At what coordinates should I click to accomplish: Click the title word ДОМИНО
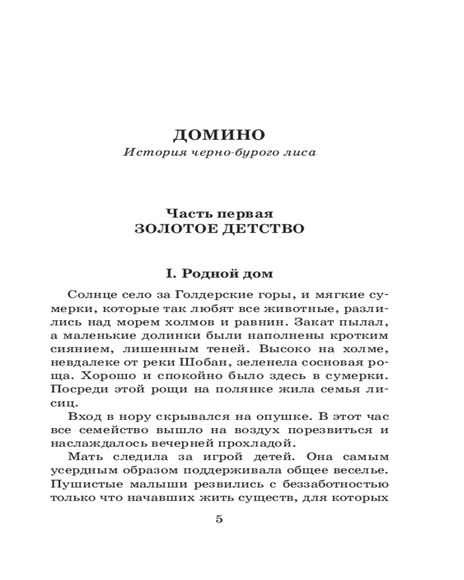click(x=219, y=136)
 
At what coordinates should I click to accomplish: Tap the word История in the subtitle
click(x=145, y=154)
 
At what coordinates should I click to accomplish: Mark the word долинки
click(x=187, y=336)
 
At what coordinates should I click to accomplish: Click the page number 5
click(x=219, y=519)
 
